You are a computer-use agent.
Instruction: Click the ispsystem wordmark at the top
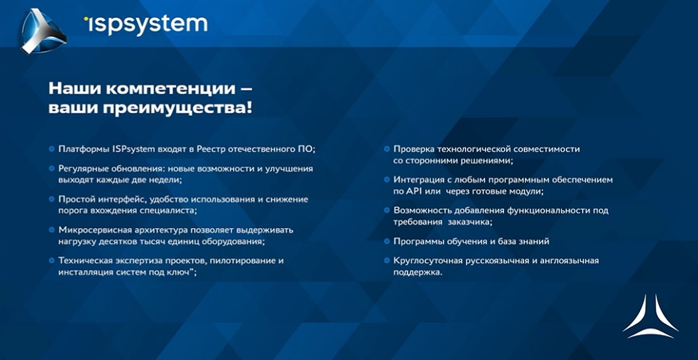(x=146, y=24)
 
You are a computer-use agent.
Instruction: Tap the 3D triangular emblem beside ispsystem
(x=43, y=31)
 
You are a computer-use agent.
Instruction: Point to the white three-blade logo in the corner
(x=651, y=316)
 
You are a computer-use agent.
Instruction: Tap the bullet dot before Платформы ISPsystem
(x=52, y=149)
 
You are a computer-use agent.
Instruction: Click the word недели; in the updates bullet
(x=168, y=180)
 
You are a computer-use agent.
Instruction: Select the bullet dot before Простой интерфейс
(x=52, y=199)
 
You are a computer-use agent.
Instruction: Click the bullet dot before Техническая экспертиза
(x=52, y=260)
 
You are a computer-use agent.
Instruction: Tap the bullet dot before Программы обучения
(x=387, y=241)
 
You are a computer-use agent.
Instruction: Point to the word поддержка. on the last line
(x=417, y=272)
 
